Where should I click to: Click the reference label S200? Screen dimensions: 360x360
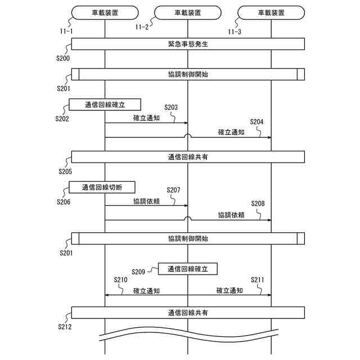[63, 58]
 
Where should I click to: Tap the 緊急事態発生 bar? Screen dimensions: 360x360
[188, 44]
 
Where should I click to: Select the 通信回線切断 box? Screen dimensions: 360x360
[102, 187]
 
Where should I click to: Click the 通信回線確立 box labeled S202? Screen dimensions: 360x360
[105, 105]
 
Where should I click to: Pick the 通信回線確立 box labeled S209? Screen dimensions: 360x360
[188, 269]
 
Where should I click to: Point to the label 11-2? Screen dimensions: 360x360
[142, 26]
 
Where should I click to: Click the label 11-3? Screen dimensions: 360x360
[235, 31]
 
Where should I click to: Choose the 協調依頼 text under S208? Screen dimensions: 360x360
[231, 215]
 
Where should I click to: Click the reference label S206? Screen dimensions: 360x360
[64, 201]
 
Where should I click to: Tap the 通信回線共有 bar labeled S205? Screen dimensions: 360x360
[188, 157]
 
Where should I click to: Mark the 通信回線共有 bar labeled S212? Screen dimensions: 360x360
[188, 312]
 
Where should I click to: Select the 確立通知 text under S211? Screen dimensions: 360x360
[229, 291]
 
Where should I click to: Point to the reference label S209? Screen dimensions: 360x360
[139, 272]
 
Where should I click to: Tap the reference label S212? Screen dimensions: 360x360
[65, 326]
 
